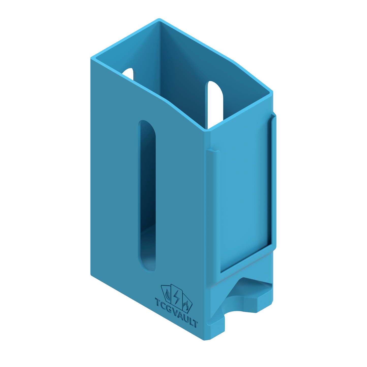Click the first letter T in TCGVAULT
pos(158,302)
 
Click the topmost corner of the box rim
pos(159,19)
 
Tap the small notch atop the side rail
pos(213,151)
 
